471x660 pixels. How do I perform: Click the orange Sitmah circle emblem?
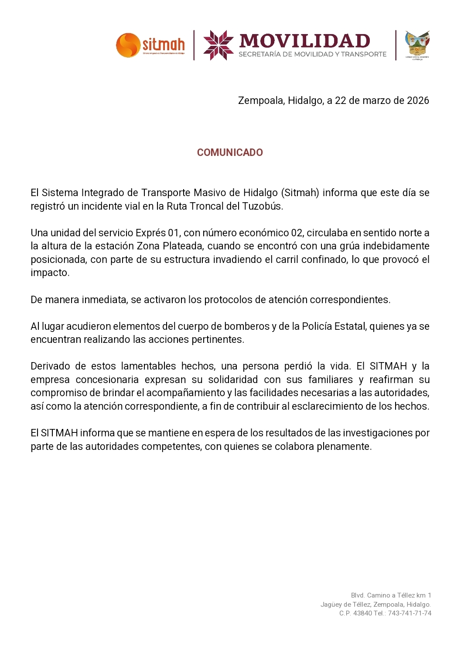pos(127,45)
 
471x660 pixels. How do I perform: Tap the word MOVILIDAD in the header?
pos(304,41)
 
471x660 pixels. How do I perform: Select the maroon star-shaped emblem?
pos(218,45)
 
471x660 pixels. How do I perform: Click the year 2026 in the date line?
pos(418,100)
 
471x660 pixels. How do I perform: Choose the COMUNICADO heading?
pos(230,152)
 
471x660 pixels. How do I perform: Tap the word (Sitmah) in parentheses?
pos(300,193)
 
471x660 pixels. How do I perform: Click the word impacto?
pos(49,273)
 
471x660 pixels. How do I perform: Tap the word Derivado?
pos(49,366)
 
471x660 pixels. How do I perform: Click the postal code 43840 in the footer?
pos(362,613)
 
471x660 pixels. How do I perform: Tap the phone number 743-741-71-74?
pos(410,613)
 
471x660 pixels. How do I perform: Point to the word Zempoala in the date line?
pos(260,100)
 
